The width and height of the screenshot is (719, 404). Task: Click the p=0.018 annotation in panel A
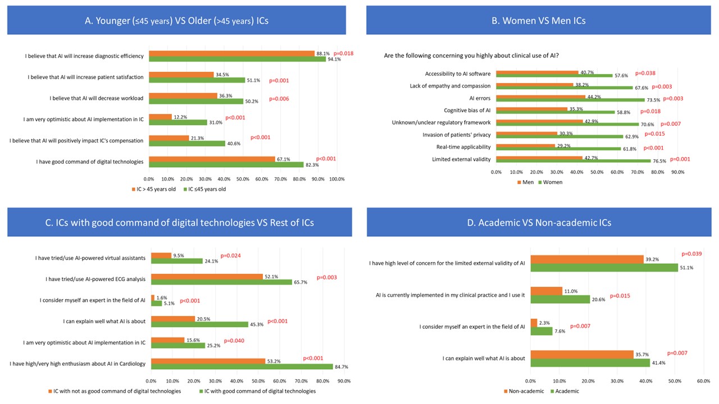pyautogui.click(x=343, y=53)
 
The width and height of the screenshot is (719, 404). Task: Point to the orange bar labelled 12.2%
pyautogui.click(x=160, y=117)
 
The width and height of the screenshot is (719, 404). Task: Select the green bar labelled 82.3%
pyautogui.click(x=226, y=164)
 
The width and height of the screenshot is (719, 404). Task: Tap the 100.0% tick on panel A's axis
pyautogui.click(x=336, y=179)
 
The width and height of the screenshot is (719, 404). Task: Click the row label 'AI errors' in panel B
pyautogui.click(x=480, y=98)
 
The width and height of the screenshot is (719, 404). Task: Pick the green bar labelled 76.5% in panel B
pyautogui.click(x=573, y=162)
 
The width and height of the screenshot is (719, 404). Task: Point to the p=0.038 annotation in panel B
pyautogui.click(x=645, y=73)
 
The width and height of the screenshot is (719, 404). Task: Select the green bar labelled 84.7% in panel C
pyautogui.click(x=242, y=367)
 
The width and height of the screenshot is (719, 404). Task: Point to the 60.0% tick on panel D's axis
pyautogui.click(x=703, y=381)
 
